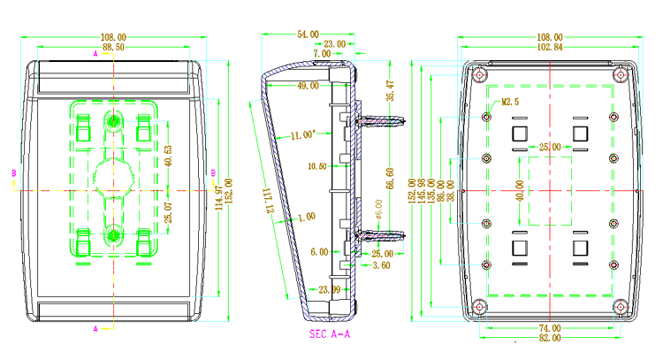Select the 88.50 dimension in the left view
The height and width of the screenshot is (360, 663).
pos(113,47)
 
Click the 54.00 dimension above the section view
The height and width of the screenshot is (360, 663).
pos(307,34)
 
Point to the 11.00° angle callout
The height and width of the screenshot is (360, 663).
pos(301,135)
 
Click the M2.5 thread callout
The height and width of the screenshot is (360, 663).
pos(510,102)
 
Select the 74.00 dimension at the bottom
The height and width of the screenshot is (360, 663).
pos(550,327)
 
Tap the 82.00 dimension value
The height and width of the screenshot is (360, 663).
pos(550,337)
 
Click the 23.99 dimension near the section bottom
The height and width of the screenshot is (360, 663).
pos(329,289)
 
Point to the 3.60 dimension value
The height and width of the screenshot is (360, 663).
pos(381,264)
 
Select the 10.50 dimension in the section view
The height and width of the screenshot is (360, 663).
pos(317,166)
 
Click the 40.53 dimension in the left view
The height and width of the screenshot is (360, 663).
pos(169,154)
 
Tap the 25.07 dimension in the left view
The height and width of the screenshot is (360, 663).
pos(169,212)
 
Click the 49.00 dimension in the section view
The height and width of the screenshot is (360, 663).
pos(309,86)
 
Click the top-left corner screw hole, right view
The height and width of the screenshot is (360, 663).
pos(478,74)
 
